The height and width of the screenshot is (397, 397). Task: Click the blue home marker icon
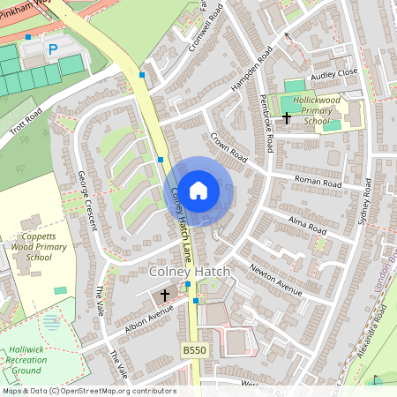point(198,191)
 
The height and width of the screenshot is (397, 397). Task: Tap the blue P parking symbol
point(52,49)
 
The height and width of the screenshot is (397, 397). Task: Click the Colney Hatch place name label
point(190,271)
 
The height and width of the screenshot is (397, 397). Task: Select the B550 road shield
point(195,351)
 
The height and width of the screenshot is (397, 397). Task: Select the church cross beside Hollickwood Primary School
point(286,116)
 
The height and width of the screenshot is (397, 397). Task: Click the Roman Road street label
point(318,183)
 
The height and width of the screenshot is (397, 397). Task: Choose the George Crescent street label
point(86,201)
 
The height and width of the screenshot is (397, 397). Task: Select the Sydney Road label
point(360,205)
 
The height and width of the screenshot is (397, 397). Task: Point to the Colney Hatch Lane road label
point(183,225)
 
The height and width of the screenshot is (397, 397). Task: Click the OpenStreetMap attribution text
point(88,391)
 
